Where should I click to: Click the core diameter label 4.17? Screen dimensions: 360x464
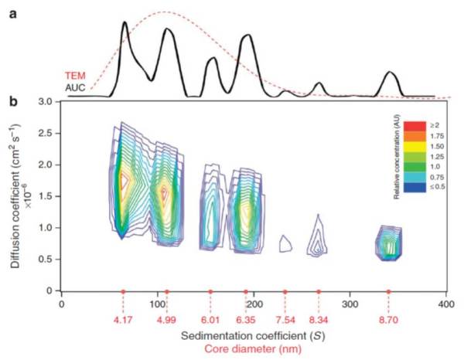[x=123, y=318]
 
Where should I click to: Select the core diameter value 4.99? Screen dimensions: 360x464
[x=166, y=318]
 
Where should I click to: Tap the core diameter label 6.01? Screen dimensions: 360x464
[x=210, y=318]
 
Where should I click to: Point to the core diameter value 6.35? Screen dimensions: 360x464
[x=246, y=318]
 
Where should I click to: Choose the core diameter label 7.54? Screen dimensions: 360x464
[x=285, y=318]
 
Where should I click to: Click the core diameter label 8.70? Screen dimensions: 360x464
[x=388, y=318]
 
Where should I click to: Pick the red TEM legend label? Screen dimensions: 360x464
[x=74, y=76]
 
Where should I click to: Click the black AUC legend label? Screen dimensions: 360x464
[x=74, y=87]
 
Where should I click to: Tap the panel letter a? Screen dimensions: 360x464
[x=12, y=13]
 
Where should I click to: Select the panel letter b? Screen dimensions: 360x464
[x=12, y=101]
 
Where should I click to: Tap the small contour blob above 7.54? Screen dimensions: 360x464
[x=285, y=244]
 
